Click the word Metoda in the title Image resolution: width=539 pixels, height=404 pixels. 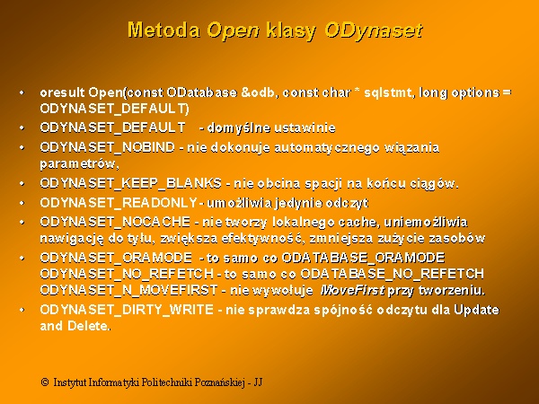(163, 30)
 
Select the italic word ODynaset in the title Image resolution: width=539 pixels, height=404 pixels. (374, 31)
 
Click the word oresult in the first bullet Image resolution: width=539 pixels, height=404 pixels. (62, 92)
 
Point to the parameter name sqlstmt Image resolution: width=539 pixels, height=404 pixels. (387, 92)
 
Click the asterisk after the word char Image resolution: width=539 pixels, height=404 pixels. (357, 91)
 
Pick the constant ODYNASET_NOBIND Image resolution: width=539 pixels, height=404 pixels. (108, 147)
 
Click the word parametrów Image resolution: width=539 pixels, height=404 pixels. (79, 164)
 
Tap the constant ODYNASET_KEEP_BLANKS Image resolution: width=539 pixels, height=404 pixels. (130, 183)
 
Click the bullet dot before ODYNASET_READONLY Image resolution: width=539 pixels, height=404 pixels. (22, 203)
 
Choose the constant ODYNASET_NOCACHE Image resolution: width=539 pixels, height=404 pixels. (115, 222)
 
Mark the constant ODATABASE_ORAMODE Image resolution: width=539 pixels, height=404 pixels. (363, 258)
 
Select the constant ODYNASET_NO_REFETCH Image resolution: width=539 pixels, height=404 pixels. (127, 274)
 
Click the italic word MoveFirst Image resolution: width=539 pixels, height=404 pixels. (352, 291)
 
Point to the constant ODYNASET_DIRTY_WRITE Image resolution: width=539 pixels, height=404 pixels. (127, 310)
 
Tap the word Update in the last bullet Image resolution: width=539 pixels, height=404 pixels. (476, 311)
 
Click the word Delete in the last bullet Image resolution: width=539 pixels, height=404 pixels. (87, 326)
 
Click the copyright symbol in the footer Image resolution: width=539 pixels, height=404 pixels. (45, 382)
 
